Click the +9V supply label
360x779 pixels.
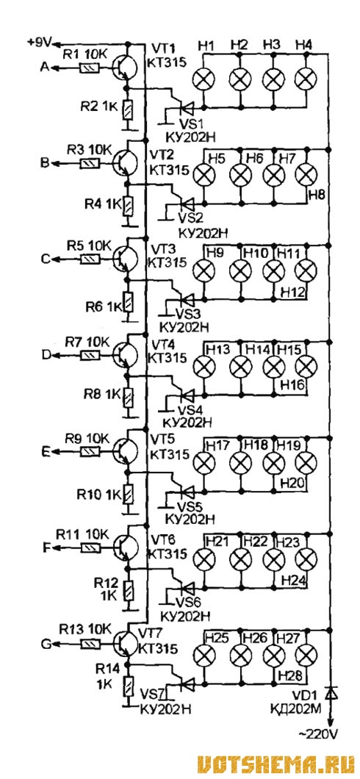click(x=40, y=43)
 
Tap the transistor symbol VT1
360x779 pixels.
click(x=125, y=68)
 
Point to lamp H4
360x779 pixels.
click(x=306, y=79)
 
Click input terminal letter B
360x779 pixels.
click(x=43, y=163)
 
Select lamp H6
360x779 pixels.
click(x=241, y=175)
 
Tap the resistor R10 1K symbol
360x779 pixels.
click(x=129, y=495)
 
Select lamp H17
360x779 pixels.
click(x=203, y=463)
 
